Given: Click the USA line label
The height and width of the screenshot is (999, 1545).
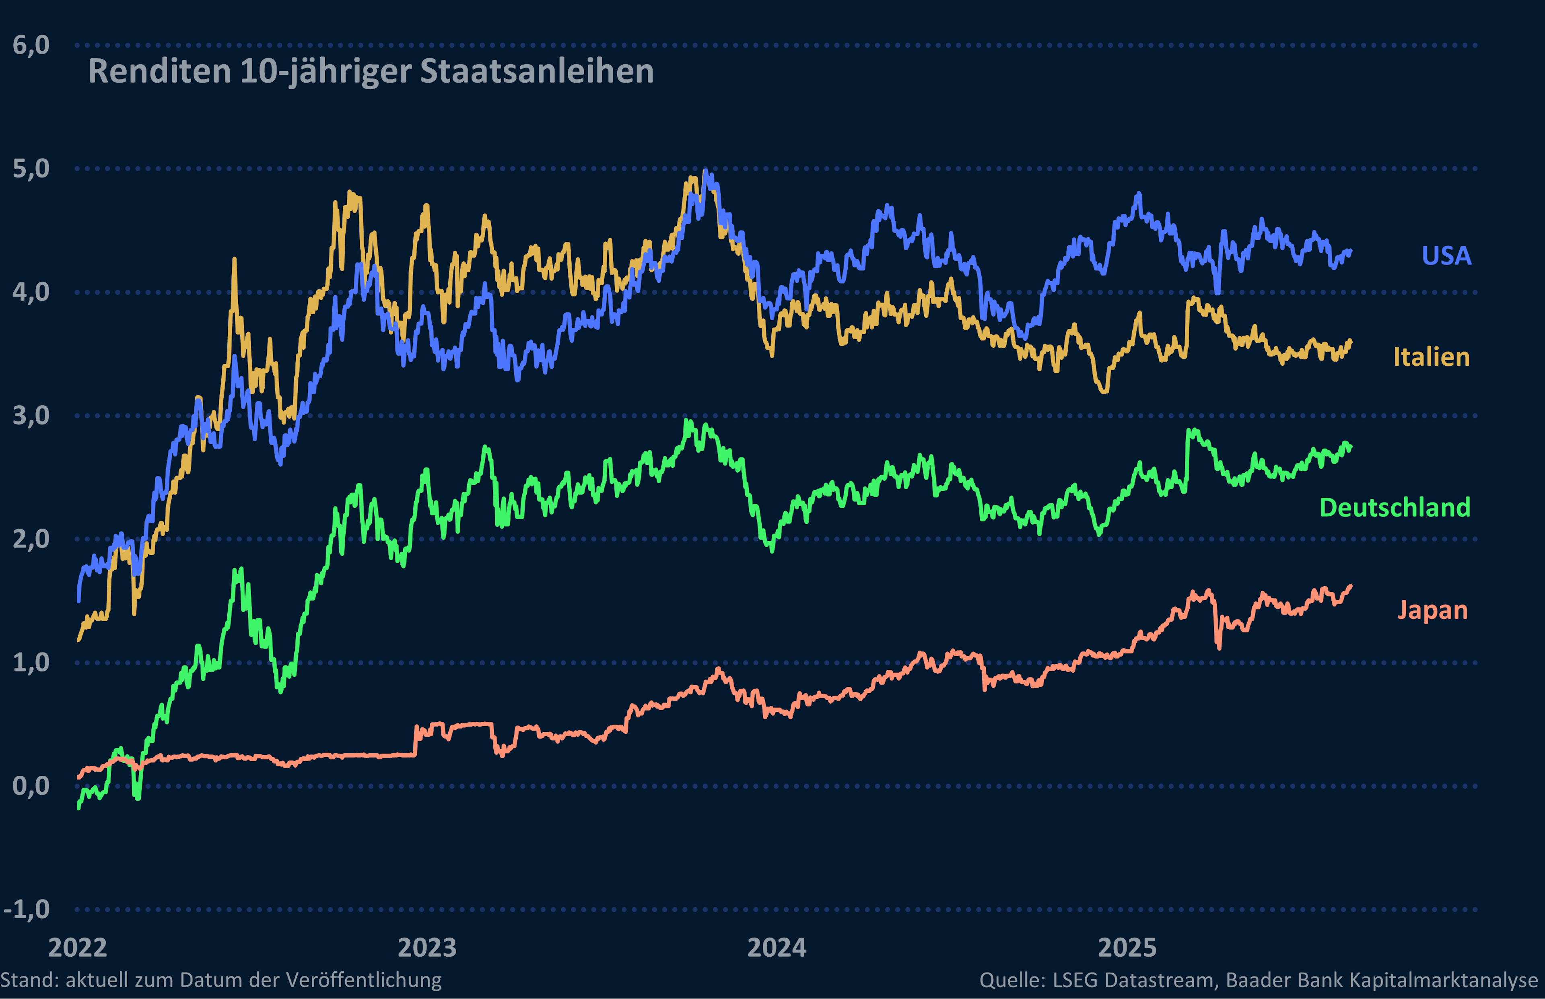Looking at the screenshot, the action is coord(1446,255).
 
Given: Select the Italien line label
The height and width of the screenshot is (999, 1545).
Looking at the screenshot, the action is coord(1432,357).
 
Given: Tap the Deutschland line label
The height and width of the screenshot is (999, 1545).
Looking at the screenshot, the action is coord(1395,507).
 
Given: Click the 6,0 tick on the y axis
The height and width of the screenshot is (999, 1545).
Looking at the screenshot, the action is coord(31,45).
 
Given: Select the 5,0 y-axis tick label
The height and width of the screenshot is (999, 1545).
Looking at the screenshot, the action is coord(31,169).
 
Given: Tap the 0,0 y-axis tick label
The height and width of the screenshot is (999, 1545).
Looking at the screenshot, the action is coord(31,786).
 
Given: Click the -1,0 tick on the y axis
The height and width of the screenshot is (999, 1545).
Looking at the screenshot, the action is coord(26,909).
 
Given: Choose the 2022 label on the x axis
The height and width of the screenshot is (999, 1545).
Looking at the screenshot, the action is coord(78,948).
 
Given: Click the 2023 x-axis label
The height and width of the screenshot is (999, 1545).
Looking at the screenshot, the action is coord(427,948).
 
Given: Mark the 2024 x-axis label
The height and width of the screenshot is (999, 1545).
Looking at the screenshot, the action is coord(777,948).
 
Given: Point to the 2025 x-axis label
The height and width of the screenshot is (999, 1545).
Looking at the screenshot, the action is coord(1127,948).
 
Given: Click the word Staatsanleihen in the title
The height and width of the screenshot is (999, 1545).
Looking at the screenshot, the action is coord(537,71).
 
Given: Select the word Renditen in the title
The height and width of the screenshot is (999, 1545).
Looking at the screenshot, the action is coord(160,71).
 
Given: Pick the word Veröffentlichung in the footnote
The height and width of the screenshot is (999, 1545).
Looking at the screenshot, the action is coord(363,980).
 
